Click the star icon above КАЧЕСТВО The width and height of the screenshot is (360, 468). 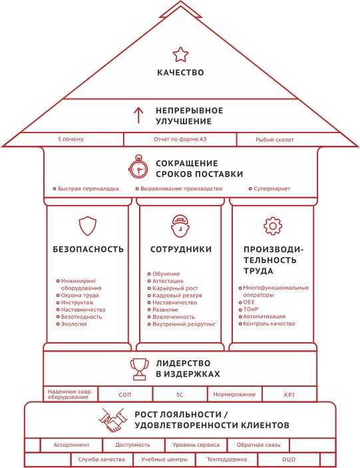click(180, 55)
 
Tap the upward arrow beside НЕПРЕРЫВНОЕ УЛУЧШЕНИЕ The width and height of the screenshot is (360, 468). click(138, 115)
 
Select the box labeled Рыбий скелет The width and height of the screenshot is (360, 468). click(274, 140)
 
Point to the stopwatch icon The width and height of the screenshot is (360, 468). click(138, 167)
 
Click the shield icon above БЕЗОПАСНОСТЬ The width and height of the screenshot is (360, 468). click(88, 226)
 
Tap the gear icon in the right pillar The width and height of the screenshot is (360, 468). click(273, 226)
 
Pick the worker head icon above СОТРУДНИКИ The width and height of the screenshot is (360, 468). click(180, 226)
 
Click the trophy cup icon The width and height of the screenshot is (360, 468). click(139, 369)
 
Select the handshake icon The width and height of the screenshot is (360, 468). click(112, 420)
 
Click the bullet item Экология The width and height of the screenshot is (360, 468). click(74, 324)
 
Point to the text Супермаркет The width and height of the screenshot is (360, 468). click(271, 188)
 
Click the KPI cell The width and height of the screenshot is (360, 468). click(289, 394)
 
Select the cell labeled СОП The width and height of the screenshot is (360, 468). click(125, 394)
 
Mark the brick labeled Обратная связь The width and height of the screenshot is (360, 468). click(258, 445)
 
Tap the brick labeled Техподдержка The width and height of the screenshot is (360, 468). click(227, 459)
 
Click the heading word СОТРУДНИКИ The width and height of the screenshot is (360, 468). click(181, 249)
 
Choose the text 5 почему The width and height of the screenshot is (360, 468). click(71, 139)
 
